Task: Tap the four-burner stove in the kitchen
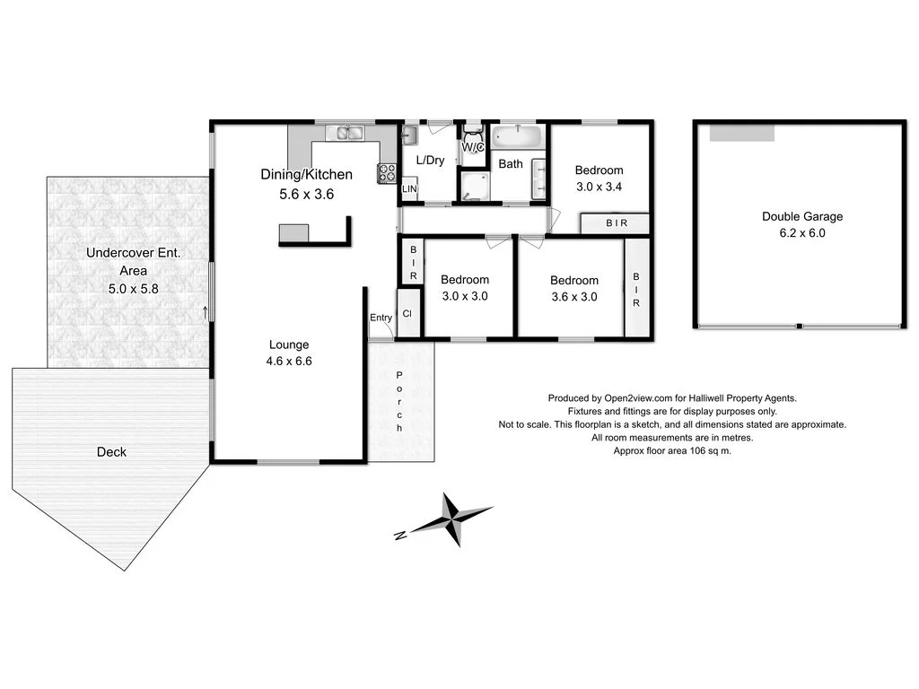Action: click(x=387, y=172)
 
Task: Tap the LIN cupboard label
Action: click(x=409, y=189)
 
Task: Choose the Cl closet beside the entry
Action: click(x=407, y=315)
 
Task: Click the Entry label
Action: click(x=381, y=318)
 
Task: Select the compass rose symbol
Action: click(x=451, y=519)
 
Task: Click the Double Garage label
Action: click(x=802, y=216)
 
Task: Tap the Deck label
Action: click(x=111, y=452)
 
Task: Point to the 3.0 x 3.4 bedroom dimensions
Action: click(x=599, y=187)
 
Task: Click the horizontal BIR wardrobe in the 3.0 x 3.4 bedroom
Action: click(x=616, y=223)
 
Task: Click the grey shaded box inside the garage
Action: click(x=741, y=133)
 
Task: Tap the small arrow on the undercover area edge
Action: click(x=206, y=312)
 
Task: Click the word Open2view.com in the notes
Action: click(x=639, y=398)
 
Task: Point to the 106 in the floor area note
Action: click(x=689, y=451)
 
